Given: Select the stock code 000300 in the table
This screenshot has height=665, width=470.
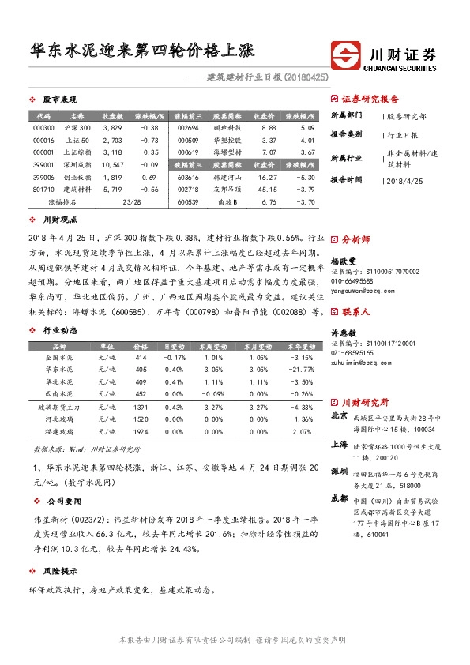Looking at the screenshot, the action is point(44,127).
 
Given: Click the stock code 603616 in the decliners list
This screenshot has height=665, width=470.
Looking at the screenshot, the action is point(189,179).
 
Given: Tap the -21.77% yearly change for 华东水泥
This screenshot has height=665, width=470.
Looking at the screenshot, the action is point(300,369).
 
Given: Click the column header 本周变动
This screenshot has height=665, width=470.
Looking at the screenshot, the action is point(210,346).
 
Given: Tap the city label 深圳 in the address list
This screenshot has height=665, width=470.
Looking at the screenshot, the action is point(339,472).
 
